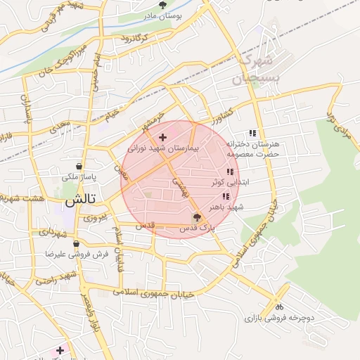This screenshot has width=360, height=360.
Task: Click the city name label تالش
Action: [79, 200]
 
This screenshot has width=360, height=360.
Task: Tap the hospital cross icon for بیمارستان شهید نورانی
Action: [163, 136]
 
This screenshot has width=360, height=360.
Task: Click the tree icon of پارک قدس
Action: [196, 217]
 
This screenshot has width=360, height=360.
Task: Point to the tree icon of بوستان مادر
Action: [163, 5]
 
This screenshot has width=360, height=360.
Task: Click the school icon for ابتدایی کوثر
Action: [229, 172]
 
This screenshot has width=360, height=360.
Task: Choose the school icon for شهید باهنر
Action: [226, 196]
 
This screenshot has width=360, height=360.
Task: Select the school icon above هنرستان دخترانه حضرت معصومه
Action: [252, 133]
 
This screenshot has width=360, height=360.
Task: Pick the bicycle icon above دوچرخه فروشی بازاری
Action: [279, 306]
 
